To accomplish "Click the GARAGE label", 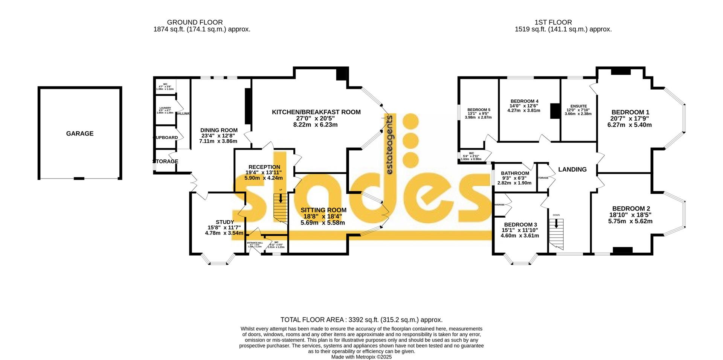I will click(x=80, y=134).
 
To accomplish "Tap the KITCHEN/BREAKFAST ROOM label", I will click(x=316, y=112).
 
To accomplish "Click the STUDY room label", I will click(x=225, y=222).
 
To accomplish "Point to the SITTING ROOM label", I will click(x=323, y=210).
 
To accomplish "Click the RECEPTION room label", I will click(x=264, y=167).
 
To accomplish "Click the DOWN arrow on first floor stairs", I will click(x=556, y=223).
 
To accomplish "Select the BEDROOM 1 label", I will click(x=630, y=112).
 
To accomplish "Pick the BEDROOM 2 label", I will click(x=631, y=209).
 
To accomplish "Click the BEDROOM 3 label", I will click(x=520, y=225).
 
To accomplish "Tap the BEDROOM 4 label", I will click(x=524, y=101).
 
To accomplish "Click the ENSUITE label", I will click(x=578, y=107).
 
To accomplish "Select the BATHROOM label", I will click(x=515, y=174).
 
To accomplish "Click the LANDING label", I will click(x=572, y=169).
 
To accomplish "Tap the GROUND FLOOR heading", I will click(x=195, y=23).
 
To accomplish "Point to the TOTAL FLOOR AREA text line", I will click(x=361, y=320).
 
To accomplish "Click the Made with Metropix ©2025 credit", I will click(x=361, y=357).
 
